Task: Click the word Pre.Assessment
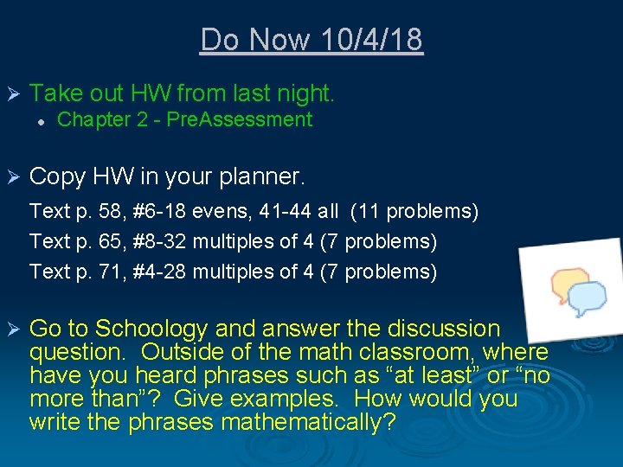[239, 120]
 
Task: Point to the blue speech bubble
[587, 297]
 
